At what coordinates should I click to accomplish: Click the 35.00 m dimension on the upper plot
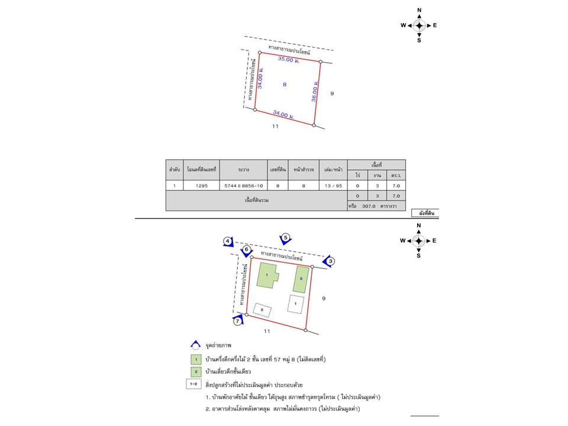click(x=289, y=59)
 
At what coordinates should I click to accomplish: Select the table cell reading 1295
click(x=201, y=185)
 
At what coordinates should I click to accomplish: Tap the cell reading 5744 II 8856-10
click(x=243, y=185)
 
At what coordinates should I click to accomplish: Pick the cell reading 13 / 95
click(x=333, y=185)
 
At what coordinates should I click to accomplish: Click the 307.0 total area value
click(x=369, y=206)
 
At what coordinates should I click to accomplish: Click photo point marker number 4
click(x=228, y=241)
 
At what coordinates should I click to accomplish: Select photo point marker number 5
click(x=285, y=238)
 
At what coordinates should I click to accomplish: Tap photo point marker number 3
click(x=329, y=262)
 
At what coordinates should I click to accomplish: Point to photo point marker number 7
click(x=238, y=320)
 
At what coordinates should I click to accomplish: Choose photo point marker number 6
click(x=247, y=251)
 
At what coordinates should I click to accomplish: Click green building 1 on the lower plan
click(x=267, y=275)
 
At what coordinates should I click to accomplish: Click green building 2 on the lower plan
click(x=301, y=279)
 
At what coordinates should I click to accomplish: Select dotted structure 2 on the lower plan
click(x=262, y=310)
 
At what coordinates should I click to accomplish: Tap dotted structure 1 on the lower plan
click(x=296, y=304)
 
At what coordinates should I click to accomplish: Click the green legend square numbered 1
click(x=196, y=360)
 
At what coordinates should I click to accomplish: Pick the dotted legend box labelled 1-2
click(x=194, y=384)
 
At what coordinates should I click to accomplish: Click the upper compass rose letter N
click(x=419, y=10)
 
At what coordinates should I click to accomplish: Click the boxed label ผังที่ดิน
click(x=426, y=213)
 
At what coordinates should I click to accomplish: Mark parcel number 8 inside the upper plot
click(x=285, y=85)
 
